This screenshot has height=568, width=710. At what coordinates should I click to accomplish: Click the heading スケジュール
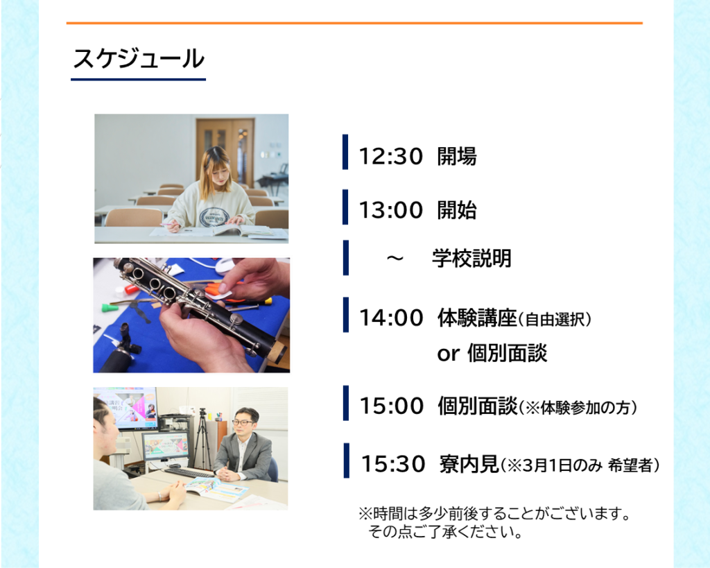point(139,59)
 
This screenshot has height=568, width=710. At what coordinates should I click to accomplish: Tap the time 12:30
point(391,156)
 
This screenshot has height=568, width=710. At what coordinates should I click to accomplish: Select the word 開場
point(457,156)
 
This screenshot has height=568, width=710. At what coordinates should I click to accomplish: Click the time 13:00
point(391,210)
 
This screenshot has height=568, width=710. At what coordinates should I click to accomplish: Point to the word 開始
point(457,210)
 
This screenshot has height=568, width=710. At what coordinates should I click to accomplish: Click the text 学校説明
point(471,258)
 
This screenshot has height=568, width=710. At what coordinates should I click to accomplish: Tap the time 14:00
point(391,318)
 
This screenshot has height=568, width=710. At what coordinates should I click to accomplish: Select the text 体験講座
point(477,318)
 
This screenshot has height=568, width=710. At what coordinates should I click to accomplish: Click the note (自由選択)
point(554,319)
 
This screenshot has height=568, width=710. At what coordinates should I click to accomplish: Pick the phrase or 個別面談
point(492,353)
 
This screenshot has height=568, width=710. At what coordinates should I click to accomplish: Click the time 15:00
point(391,406)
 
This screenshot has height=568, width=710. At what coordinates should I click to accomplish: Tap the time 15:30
point(393,464)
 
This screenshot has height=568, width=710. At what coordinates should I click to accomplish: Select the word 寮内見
point(469,464)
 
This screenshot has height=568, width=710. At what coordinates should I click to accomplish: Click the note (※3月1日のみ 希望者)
point(580,465)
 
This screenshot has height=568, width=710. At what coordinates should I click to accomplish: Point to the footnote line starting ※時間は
point(494,514)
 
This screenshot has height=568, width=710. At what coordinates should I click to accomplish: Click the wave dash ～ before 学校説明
point(395,259)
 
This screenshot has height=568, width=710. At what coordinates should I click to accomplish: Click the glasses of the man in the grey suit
point(243,422)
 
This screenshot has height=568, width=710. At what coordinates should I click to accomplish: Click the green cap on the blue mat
point(107,308)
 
